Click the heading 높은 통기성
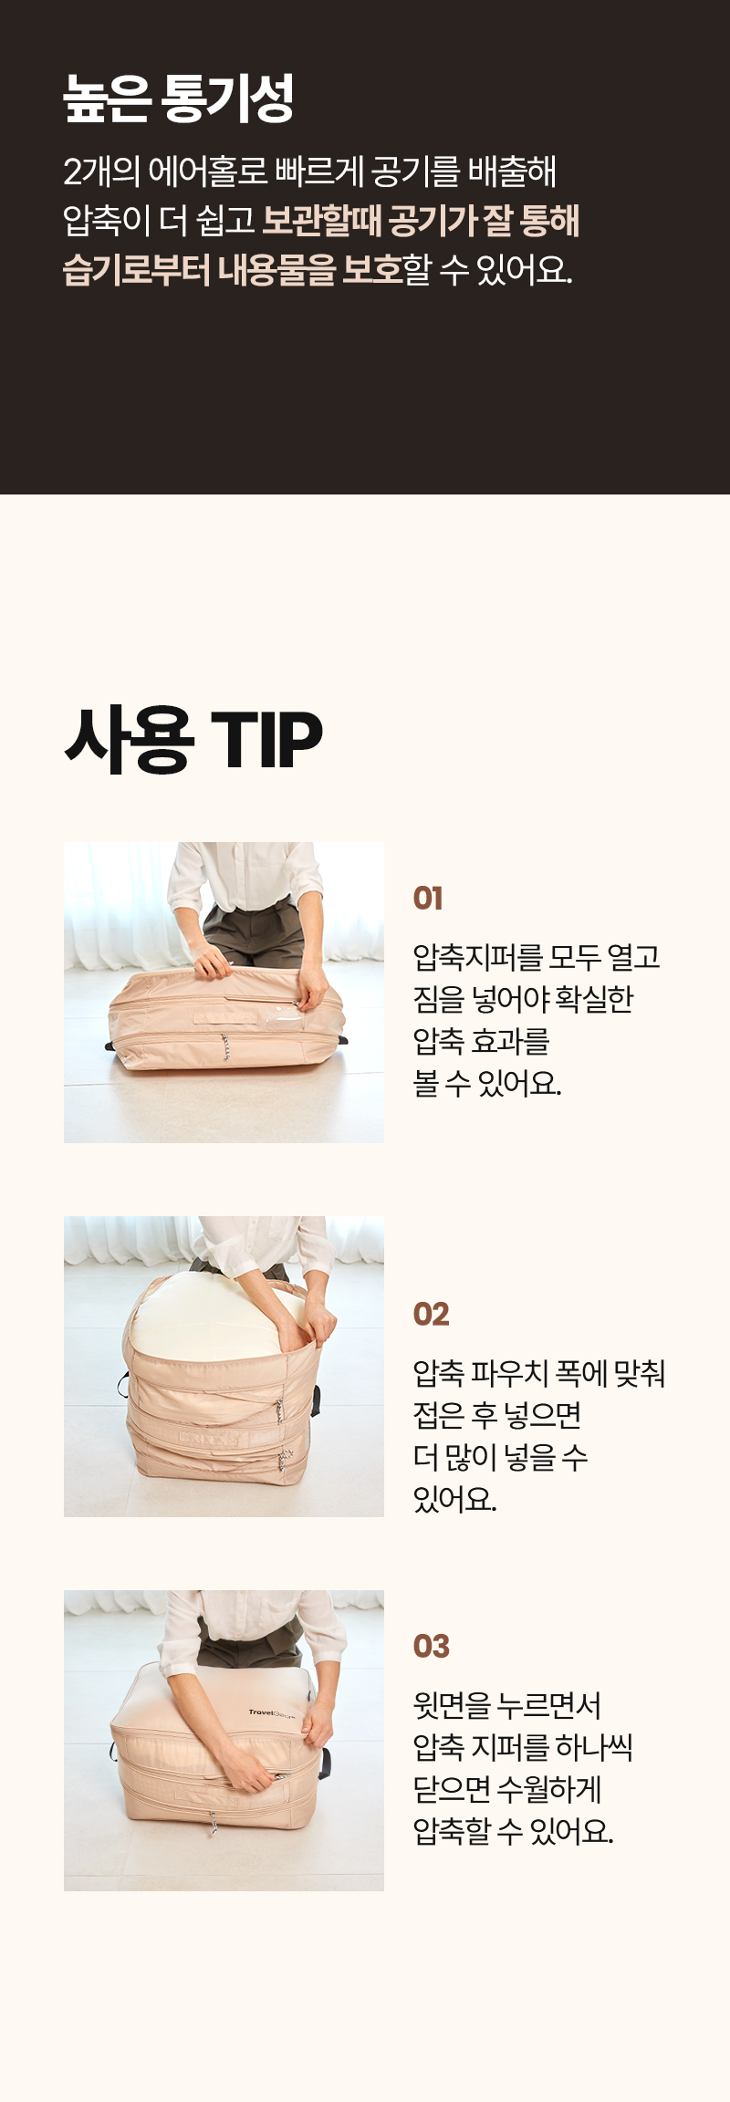point(178,99)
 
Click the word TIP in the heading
point(266,739)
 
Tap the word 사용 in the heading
point(129,739)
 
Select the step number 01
point(428,899)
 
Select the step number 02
point(431,1315)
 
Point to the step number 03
point(431,1647)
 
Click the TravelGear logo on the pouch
point(271,1712)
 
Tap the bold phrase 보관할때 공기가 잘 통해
point(421,221)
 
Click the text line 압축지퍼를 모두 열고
point(537,957)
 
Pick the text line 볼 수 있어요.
point(487,1083)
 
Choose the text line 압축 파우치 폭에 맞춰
point(539,1373)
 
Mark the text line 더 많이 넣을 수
point(500,1457)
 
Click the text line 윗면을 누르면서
point(507,1705)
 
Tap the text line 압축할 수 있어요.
point(513,1831)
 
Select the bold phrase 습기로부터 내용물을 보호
point(233,270)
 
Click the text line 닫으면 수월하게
point(507,1789)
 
